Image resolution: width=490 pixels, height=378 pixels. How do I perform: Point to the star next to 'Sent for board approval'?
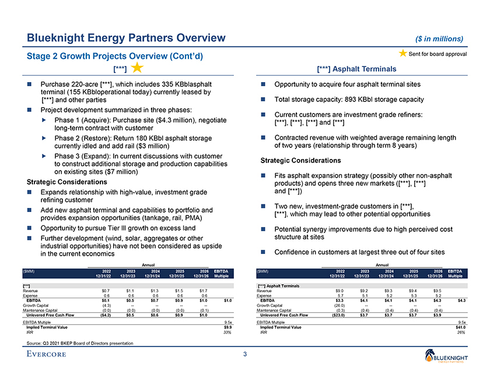402,54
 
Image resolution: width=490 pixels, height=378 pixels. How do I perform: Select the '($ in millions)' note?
440,39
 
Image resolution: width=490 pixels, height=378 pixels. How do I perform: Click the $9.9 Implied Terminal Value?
228,327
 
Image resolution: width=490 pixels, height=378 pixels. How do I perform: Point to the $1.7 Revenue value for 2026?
204,290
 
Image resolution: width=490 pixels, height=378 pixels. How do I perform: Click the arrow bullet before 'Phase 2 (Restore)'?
43,138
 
